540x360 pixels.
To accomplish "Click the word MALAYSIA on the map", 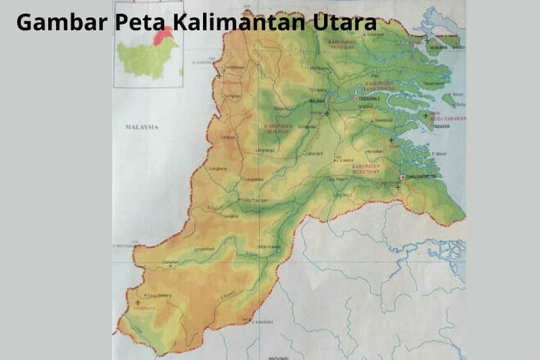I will [140, 126].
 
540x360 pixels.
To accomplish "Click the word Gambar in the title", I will [60, 22].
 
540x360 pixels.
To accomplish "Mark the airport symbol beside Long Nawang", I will [138, 302].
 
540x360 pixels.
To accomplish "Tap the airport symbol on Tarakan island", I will [426, 116].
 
